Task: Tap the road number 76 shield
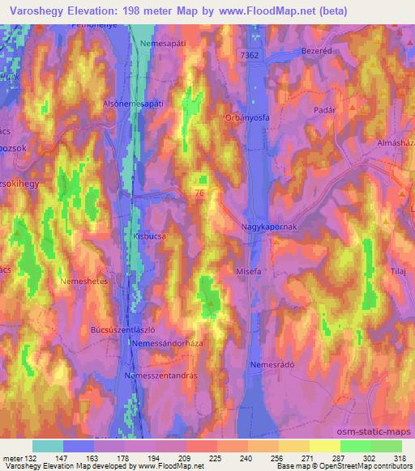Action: [199, 193]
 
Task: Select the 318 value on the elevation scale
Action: [400, 457]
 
